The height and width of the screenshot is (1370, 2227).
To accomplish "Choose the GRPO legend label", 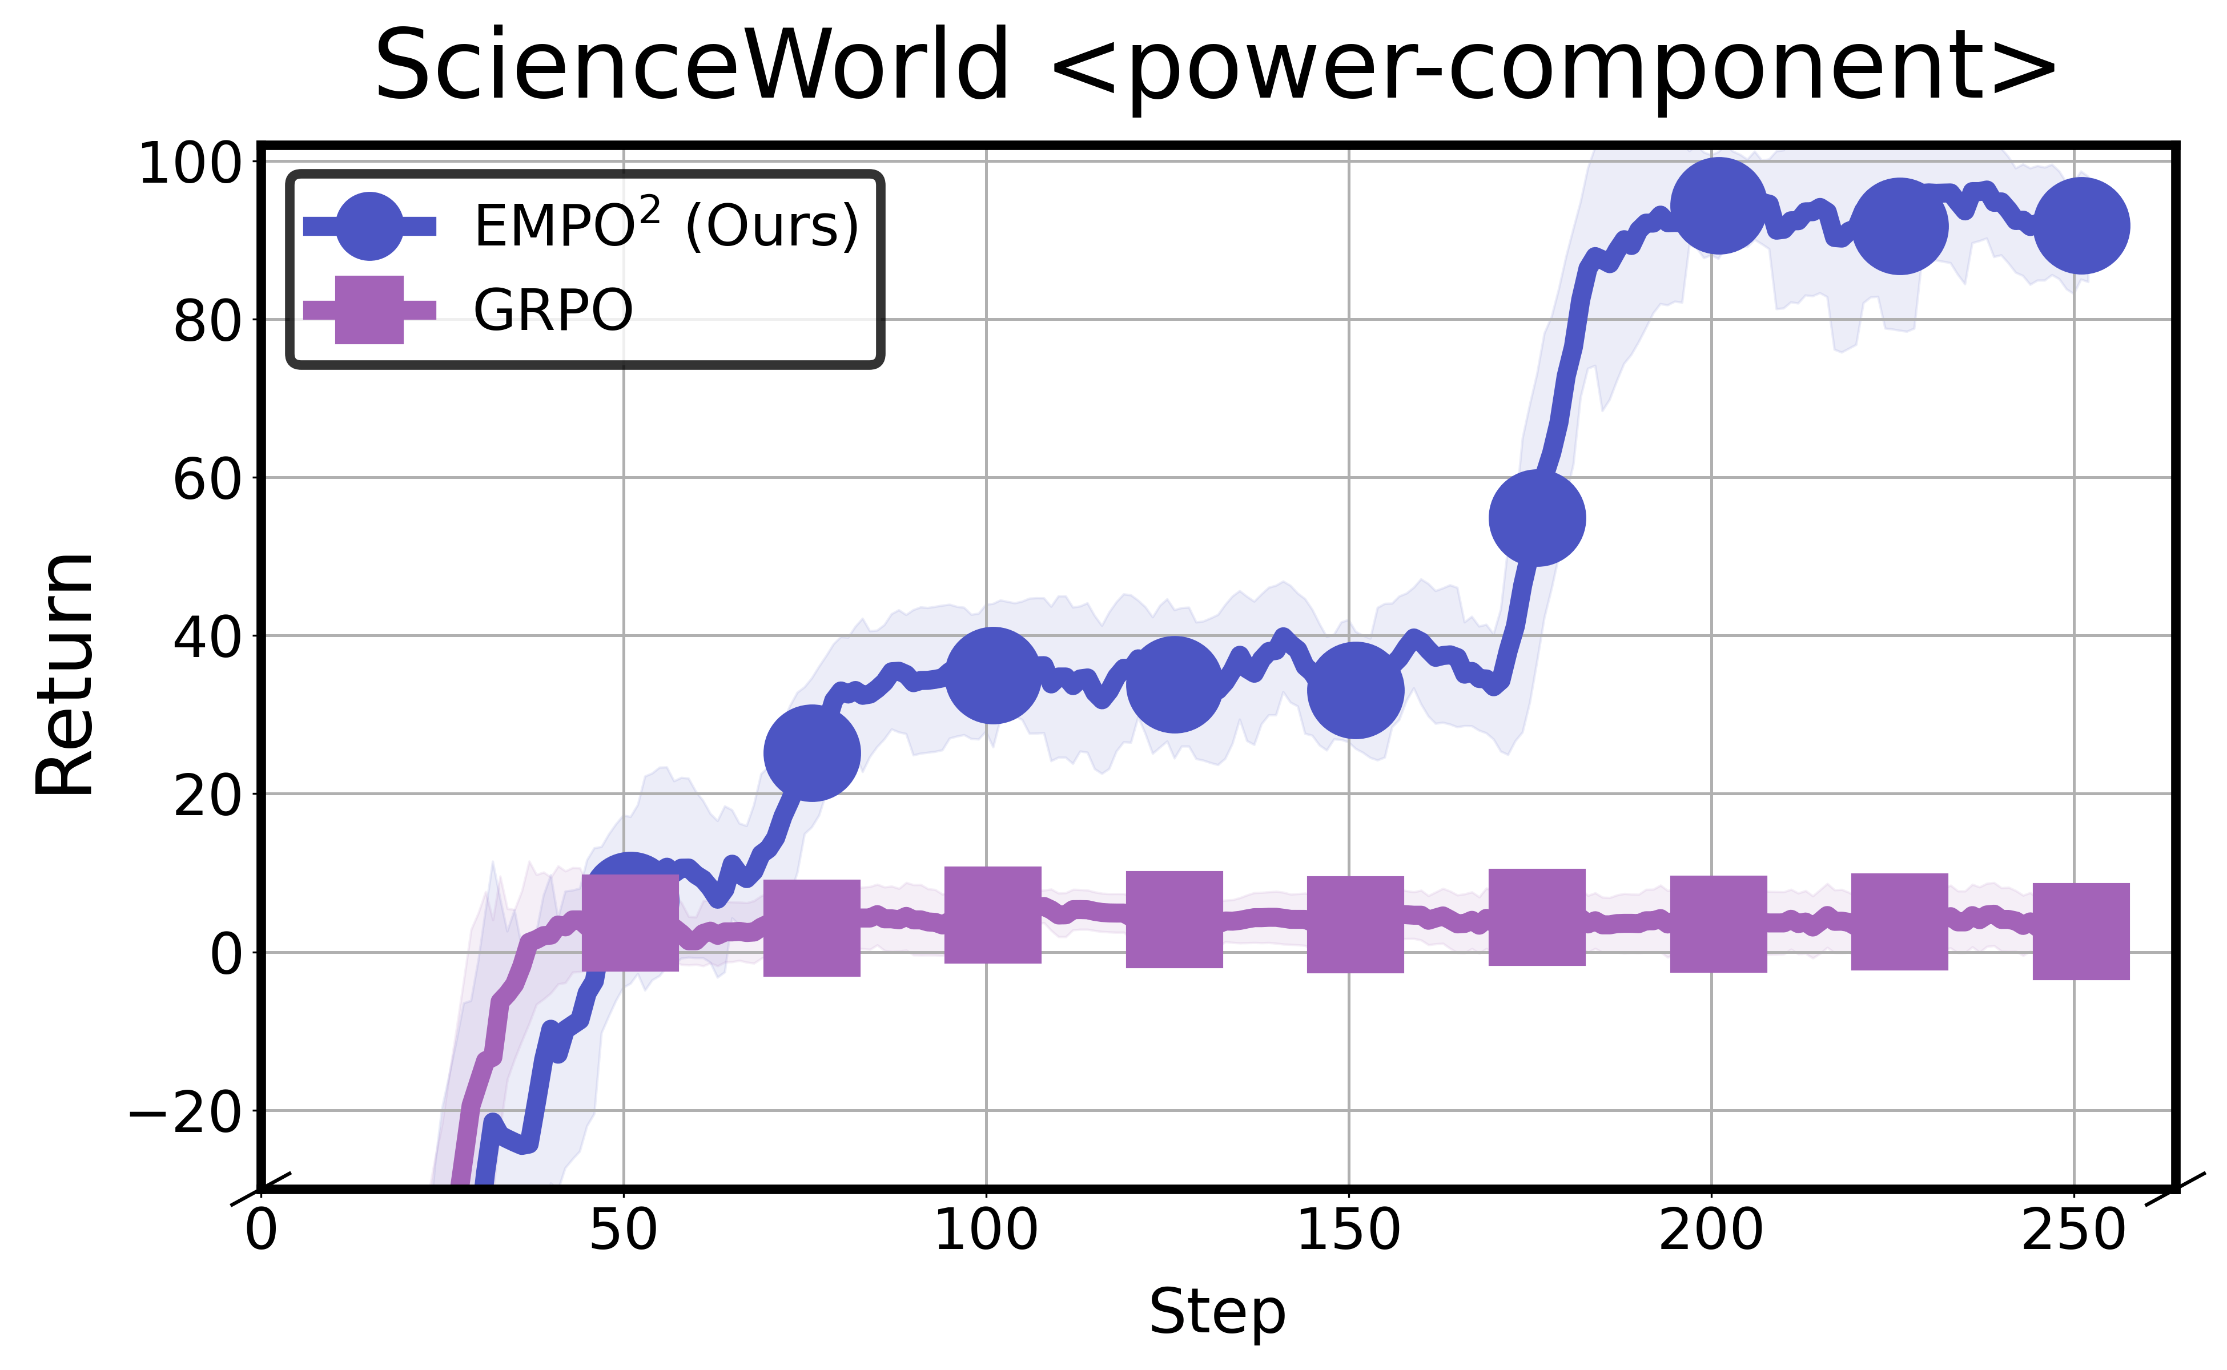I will [553, 310].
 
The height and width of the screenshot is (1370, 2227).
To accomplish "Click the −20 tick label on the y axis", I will [186, 1112].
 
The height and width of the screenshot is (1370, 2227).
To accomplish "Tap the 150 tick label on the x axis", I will [1349, 1231].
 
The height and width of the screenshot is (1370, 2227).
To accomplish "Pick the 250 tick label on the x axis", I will [2074, 1231].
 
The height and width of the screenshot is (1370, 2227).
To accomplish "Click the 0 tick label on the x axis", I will [261, 1231].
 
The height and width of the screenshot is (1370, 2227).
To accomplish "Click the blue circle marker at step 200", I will [1718, 205].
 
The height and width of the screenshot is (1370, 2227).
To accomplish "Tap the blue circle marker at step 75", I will [811, 753].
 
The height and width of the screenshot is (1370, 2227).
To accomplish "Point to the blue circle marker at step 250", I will [2081, 225].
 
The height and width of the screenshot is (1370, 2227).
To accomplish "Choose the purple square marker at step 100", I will [992, 914].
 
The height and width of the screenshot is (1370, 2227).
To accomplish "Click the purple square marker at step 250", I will [2081, 932].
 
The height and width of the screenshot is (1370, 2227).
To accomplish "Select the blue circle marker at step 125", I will [1174, 684].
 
